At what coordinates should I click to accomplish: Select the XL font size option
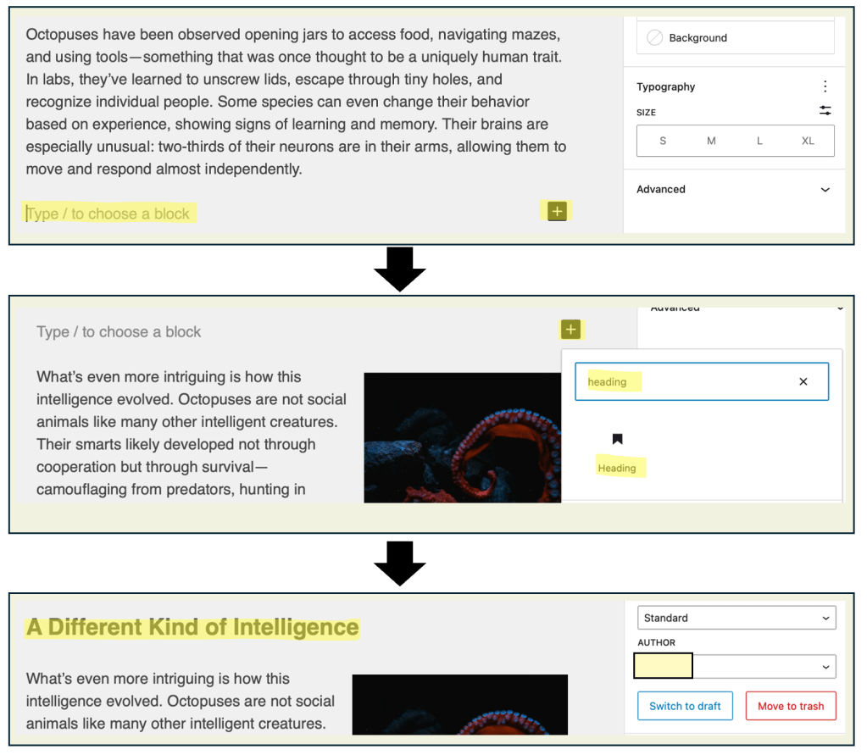808,141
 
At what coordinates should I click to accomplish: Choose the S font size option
663,141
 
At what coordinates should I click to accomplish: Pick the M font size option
711,141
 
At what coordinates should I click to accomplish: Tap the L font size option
759,141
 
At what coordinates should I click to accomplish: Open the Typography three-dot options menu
825,86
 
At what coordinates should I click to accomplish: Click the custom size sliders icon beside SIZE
825,110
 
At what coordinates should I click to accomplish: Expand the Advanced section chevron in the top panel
825,190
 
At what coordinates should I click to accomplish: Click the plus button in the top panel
557,211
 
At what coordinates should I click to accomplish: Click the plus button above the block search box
570,330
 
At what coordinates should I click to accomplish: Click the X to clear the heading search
803,381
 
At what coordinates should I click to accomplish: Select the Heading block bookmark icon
617,439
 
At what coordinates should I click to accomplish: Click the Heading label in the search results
617,468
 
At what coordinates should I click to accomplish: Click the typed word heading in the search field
607,382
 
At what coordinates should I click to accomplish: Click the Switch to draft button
685,706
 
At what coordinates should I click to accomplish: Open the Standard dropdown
736,618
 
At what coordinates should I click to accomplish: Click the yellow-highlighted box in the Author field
663,666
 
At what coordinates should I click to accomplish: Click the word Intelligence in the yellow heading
296,627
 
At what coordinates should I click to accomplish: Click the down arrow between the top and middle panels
400,269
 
